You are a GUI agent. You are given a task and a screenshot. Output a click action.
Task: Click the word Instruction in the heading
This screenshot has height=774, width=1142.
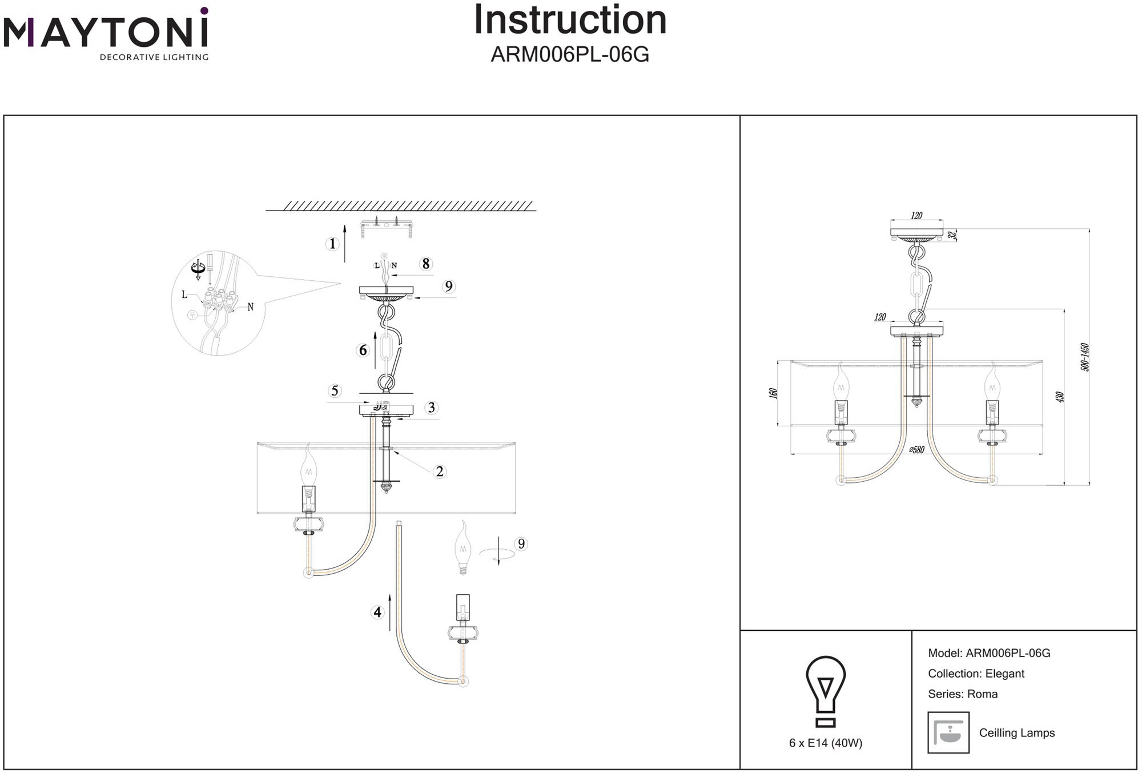click(570, 21)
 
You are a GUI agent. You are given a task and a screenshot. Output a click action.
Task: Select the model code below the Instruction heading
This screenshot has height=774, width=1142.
click(570, 55)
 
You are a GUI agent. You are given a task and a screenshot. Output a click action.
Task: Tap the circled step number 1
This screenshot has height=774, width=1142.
click(332, 244)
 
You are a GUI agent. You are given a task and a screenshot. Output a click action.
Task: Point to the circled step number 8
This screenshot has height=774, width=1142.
click(425, 264)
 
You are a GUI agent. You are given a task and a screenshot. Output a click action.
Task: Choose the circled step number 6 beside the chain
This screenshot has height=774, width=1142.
click(363, 350)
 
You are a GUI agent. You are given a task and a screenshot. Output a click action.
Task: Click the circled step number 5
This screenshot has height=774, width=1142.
click(335, 391)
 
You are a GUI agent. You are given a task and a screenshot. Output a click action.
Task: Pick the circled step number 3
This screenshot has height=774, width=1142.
click(431, 408)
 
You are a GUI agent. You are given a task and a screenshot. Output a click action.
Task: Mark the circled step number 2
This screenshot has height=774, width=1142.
click(439, 471)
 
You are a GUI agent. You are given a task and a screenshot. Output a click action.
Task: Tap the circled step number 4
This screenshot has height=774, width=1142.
click(377, 612)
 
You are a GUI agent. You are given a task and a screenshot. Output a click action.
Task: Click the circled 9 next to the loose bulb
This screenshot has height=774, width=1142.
click(520, 544)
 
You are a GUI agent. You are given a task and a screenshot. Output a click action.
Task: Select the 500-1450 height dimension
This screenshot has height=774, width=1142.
click(1085, 357)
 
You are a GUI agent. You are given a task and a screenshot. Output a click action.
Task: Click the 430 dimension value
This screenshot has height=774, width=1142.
click(1060, 397)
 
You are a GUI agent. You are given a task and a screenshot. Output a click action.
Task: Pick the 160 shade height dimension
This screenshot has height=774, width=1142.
click(774, 393)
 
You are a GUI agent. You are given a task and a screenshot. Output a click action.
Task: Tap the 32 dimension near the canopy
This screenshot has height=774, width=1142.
click(951, 235)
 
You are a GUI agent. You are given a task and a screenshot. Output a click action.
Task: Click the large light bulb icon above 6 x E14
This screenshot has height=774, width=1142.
click(825, 691)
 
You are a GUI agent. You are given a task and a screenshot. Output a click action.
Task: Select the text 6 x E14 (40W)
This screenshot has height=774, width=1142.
click(826, 743)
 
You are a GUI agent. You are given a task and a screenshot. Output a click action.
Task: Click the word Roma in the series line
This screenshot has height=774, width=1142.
click(983, 694)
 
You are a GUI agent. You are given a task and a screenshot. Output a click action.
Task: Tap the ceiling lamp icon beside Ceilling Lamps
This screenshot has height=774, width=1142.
click(948, 732)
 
